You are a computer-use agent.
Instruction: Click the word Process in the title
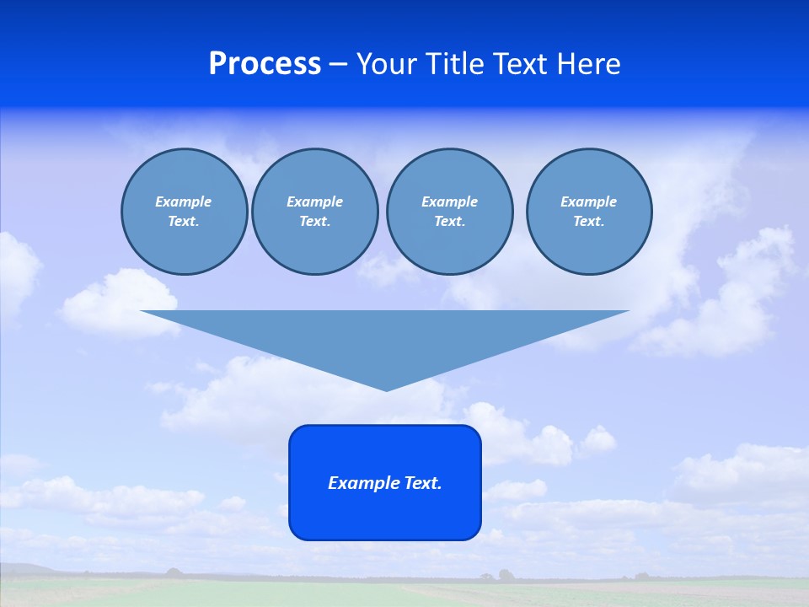pyautogui.click(x=265, y=64)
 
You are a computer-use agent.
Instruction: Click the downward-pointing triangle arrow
pyautogui.click(x=385, y=337)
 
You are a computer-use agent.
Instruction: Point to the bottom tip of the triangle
pyautogui.click(x=386, y=389)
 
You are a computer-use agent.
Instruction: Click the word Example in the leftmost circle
pyautogui.click(x=184, y=201)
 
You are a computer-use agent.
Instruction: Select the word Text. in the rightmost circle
pyautogui.click(x=589, y=221)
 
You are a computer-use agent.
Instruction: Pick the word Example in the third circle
pyautogui.click(x=449, y=201)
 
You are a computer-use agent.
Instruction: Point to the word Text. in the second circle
pyautogui.click(x=315, y=221)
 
